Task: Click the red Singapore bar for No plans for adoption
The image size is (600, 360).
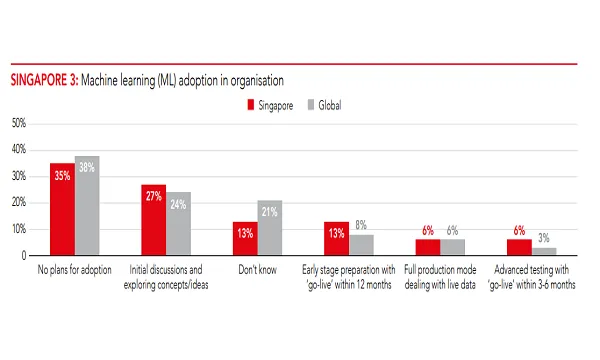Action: [62, 209]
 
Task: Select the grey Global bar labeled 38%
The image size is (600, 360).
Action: [87, 206]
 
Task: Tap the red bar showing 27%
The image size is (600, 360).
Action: [153, 220]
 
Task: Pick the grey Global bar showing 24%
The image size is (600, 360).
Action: [178, 224]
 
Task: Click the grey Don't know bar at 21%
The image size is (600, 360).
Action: [269, 228]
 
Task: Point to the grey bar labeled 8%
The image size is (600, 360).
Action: [360, 245]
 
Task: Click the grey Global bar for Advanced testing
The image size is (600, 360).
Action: [543, 251]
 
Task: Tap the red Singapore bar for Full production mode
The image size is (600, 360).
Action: [427, 247]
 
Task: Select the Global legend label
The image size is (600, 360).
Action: [331, 104]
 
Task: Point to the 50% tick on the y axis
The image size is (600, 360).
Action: [18, 123]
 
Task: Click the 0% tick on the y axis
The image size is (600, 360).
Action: [21, 255]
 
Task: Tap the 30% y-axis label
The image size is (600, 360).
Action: [18, 176]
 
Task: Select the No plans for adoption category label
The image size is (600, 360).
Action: [75, 270]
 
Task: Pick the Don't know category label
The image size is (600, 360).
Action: [256, 270]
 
